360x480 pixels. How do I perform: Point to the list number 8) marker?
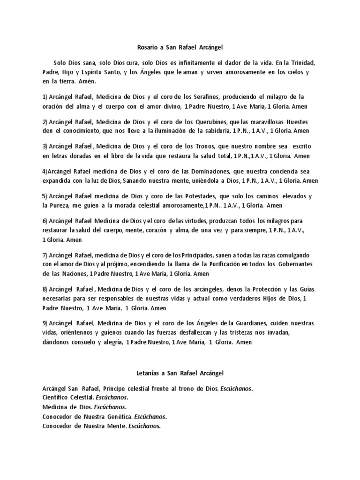[45, 289]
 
